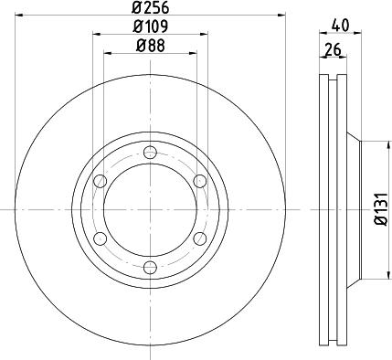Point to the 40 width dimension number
(x=342, y=26)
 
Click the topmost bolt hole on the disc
(x=150, y=152)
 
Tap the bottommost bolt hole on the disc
(x=150, y=267)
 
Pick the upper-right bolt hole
(x=199, y=181)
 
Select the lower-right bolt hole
(x=199, y=238)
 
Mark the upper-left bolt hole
(x=101, y=181)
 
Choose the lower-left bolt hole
(x=101, y=238)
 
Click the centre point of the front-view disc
(x=150, y=209)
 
